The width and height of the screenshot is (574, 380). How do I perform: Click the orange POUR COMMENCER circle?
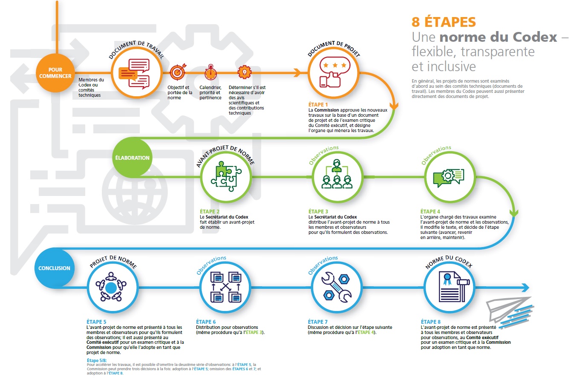coord(55,73)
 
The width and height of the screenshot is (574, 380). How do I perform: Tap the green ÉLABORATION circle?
coord(132,158)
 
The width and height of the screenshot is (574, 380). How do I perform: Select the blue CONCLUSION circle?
coord(54,268)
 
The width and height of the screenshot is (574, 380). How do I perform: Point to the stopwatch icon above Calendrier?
coord(211,72)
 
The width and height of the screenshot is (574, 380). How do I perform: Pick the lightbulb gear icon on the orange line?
coord(245,72)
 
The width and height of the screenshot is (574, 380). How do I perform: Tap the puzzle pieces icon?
coord(226,176)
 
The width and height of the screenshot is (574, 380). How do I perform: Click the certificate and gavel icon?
coord(453,287)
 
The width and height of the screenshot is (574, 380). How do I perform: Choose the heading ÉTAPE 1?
coord(318,104)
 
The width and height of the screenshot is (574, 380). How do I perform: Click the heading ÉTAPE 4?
coord(430,211)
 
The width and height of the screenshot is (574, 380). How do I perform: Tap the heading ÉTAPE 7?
coord(317,322)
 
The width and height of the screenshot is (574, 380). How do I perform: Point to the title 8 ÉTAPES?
coord(444,22)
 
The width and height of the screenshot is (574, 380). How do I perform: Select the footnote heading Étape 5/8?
coord(97,360)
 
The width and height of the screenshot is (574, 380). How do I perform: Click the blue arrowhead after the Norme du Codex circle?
coord(525,288)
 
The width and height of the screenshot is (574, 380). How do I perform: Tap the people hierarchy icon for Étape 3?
coord(337,174)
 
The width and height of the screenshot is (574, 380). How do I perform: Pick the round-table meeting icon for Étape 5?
coord(111,287)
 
